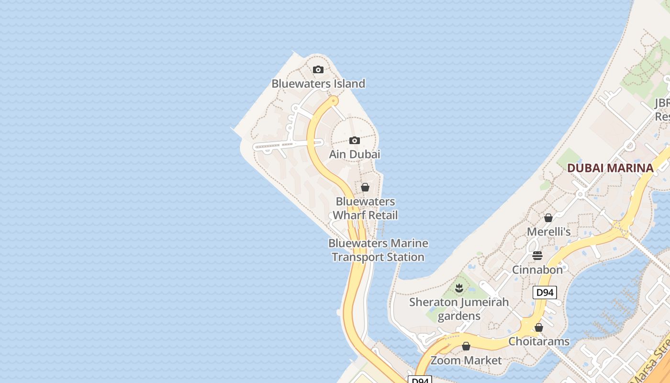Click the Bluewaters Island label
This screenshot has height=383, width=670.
(318, 84)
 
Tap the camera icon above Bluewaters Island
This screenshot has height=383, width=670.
(318, 70)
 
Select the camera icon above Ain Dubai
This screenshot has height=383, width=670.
(354, 140)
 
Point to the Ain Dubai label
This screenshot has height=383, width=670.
(354, 154)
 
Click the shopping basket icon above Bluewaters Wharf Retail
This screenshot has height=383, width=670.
(365, 187)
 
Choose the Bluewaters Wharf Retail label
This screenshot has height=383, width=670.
(365, 208)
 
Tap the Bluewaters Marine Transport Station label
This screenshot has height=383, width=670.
(378, 250)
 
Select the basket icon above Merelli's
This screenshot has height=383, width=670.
(548, 218)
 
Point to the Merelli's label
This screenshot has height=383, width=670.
(548, 232)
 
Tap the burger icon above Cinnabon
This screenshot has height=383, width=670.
(537, 255)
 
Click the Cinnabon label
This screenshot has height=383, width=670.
(537, 270)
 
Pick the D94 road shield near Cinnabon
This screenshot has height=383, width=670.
(545, 292)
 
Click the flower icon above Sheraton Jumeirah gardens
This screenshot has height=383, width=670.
(459, 288)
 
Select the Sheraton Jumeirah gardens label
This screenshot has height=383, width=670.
(459, 309)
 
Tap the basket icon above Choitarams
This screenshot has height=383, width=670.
(539, 327)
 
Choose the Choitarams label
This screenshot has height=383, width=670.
(539, 341)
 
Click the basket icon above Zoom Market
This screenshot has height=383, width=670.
(466, 346)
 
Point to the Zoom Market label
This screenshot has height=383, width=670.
(466, 360)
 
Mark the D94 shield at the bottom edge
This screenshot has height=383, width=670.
(420, 380)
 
